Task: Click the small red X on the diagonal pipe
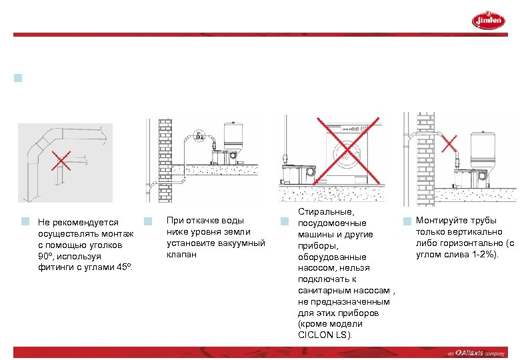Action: click(449, 142)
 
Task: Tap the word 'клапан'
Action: click(181, 254)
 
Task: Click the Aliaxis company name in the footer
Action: click(469, 353)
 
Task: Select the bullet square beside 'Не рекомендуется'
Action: click(25, 221)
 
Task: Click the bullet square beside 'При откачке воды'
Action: click(149, 221)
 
